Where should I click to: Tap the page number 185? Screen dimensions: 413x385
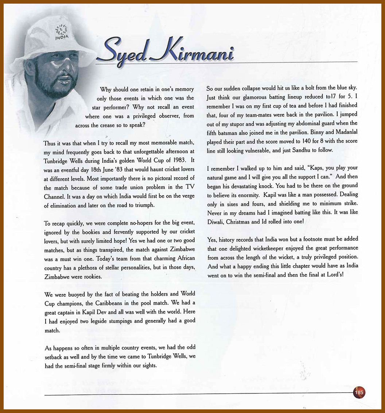pyautogui.click(x=359, y=392)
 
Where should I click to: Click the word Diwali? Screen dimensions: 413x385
pyautogui.click(x=217, y=221)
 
